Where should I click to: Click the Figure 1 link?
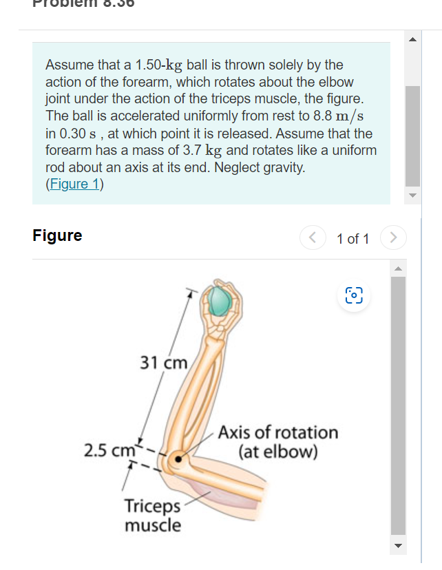point(73,184)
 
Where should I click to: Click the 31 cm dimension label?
point(163,362)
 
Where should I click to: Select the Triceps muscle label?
point(153,516)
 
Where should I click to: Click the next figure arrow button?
point(392,238)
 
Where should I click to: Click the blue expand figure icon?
point(352,295)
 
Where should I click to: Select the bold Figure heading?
point(57,235)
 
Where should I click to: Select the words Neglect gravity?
point(262,167)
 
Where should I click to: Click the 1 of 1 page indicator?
point(352,239)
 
